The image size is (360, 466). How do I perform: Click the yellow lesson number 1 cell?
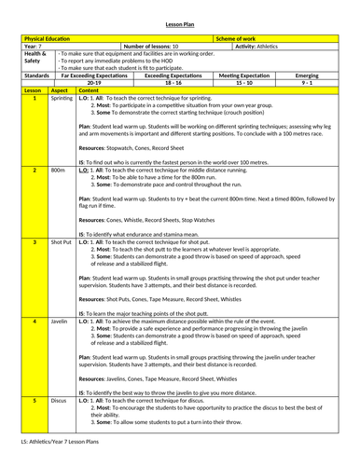pos(35,97)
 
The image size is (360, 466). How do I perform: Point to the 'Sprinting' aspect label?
pos(62,97)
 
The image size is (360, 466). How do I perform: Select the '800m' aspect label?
pos(58,171)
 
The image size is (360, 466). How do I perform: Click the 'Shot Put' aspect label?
pos(61,242)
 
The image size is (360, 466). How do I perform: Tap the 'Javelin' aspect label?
pos(60,322)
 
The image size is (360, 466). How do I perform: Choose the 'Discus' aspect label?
pos(59,400)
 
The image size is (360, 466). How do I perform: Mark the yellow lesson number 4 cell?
pos(35,322)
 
